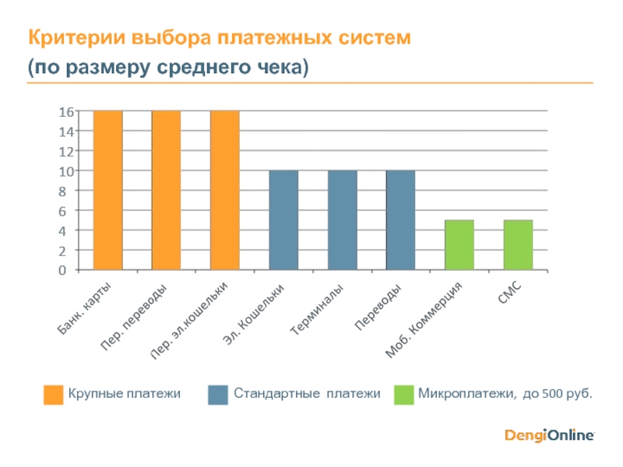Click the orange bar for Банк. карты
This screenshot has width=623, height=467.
click(107, 191)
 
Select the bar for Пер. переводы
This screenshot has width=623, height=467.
click(166, 191)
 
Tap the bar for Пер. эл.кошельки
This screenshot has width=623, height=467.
click(224, 191)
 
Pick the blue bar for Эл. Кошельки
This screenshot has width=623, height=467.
click(283, 220)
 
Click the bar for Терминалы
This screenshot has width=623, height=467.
click(342, 220)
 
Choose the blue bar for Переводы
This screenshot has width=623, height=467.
click(400, 220)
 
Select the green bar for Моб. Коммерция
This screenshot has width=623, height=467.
click(459, 245)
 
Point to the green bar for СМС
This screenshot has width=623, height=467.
click(518, 245)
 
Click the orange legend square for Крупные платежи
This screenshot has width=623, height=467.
click(53, 395)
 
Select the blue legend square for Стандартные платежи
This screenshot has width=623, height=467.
click(218, 395)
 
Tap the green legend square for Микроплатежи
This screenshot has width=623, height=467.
click(403, 395)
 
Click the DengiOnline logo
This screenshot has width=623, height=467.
click(550, 435)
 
